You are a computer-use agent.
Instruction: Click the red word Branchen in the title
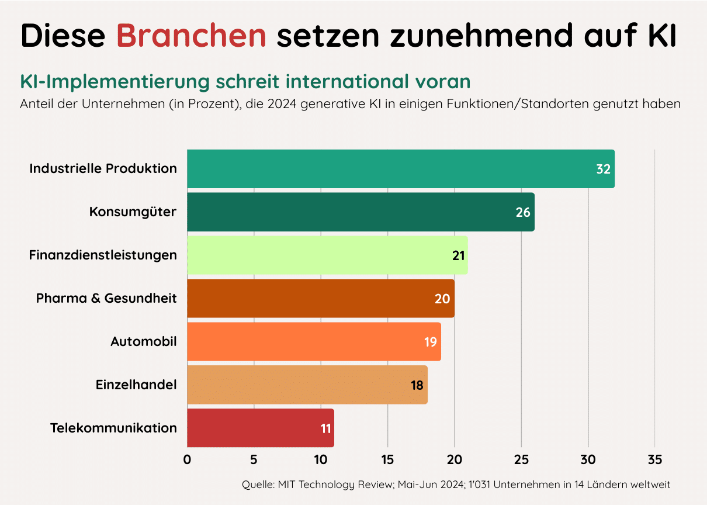coord(191,36)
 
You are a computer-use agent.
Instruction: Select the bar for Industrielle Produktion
coord(400,169)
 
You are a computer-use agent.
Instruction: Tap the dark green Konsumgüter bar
coord(361,212)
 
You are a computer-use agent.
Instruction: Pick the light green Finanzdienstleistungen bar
coord(327,255)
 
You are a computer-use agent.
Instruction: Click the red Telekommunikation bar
coord(260,428)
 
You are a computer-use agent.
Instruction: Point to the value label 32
coord(603,170)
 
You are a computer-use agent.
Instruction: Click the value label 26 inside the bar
coord(523,212)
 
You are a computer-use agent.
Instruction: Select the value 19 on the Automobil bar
coord(431,342)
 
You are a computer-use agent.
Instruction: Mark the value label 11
coord(326,428)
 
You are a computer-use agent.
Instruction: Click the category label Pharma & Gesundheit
coord(106,298)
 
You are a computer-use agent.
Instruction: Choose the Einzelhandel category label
coord(136,385)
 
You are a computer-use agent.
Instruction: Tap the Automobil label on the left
coord(144,341)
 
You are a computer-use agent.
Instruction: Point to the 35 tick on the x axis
coord(655,460)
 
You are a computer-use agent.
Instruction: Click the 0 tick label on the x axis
coord(187,460)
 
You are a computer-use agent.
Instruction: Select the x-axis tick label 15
coord(387,460)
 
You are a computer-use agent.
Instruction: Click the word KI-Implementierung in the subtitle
coord(114,81)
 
